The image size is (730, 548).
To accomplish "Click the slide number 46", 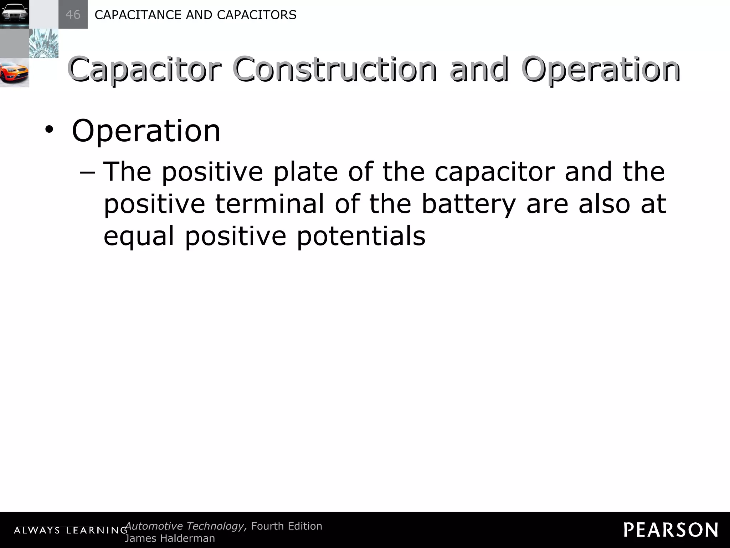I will point(73,15).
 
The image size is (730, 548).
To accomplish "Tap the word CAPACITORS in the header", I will point(257,15).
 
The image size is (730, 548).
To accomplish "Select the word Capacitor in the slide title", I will point(144,69).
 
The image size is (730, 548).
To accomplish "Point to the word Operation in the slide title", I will point(601,69).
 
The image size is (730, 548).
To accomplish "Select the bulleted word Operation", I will point(146,132).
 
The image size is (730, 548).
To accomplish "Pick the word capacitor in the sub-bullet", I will point(494,172).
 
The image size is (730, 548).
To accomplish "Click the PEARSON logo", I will point(671,530).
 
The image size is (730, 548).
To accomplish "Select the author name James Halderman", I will point(170,538).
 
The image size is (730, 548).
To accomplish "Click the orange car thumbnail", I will point(14,73).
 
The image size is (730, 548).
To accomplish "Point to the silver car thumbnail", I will point(14,14).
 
